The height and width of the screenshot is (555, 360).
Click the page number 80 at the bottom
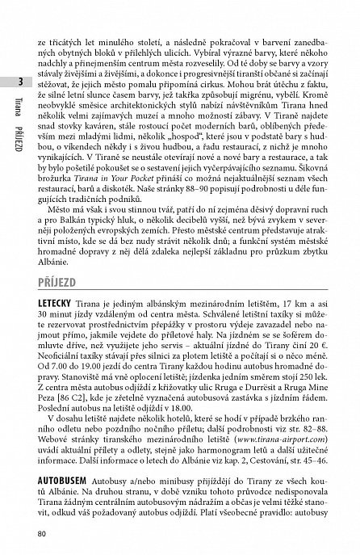click(53, 532)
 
